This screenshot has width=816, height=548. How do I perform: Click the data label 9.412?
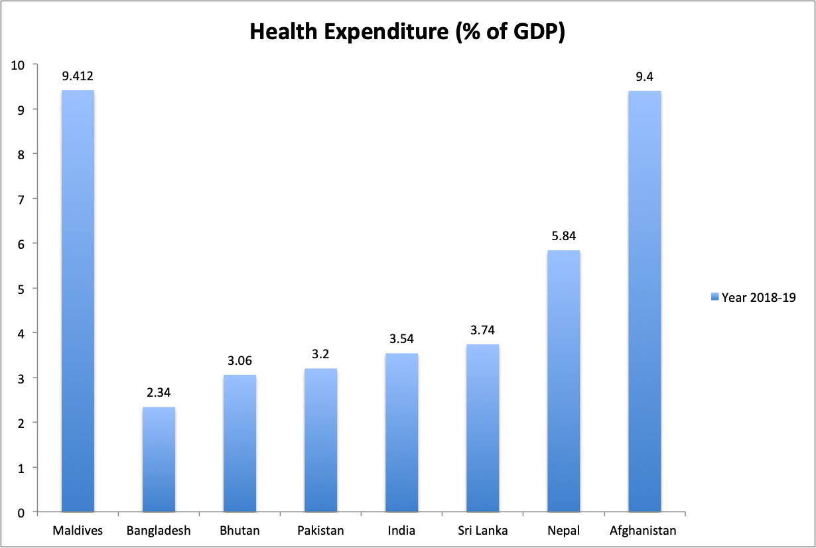pyautogui.click(x=78, y=77)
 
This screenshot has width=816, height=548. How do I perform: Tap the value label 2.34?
pyautogui.click(x=159, y=393)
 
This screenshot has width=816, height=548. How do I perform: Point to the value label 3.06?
pyautogui.click(x=239, y=362)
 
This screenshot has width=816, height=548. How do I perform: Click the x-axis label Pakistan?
pyautogui.click(x=320, y=531)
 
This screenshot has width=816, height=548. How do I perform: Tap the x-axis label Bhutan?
pyautogui.click(x=239, y=531)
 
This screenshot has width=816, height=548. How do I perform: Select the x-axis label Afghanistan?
pyautogui.click(x=644, y=531)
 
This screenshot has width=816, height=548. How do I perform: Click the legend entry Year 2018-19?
pyautogui.click(x=758, y=297)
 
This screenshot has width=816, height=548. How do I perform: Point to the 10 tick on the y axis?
pyautogui.click(x=17, y=65)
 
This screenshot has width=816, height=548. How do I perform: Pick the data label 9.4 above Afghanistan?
pyautogui.click(x=644, y=77)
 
